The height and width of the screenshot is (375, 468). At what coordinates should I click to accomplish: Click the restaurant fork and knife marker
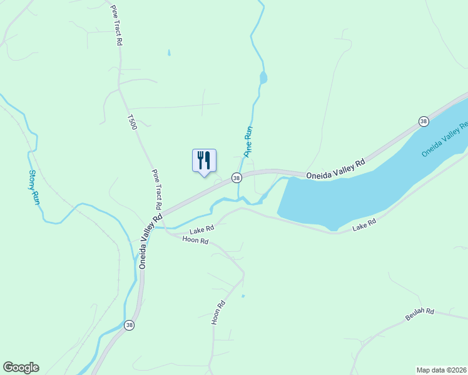click(204, 161)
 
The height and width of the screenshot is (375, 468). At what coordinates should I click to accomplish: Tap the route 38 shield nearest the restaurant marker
click(237, 178)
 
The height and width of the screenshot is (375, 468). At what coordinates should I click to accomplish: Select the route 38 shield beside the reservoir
click(424, 121)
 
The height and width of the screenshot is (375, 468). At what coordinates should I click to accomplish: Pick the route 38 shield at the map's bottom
click(129, 325)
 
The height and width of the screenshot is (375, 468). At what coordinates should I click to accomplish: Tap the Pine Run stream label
click(248, 141)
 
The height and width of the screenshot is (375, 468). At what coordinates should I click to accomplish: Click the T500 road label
click(131, 122)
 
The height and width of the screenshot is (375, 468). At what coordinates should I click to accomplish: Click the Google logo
click(21, 367)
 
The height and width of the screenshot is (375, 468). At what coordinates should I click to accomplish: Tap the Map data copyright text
click(441, 370)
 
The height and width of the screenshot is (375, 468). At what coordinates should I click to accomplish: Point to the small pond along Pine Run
click(263, 78)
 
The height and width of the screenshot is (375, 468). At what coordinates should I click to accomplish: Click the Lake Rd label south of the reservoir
click(364, 223)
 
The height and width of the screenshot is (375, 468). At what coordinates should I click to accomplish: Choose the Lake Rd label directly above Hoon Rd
click(202, 229)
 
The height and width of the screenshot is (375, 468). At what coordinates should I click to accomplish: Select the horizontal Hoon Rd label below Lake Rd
click(195, 240)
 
